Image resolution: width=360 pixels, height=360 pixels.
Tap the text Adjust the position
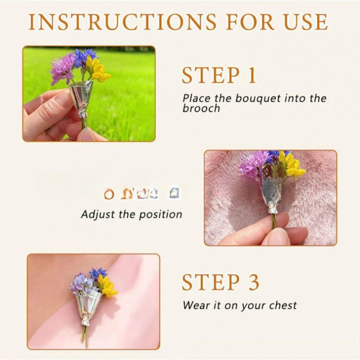[131, 215]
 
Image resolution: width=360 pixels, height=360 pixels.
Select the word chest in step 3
[281, 306]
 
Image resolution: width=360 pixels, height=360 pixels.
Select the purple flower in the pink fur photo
[253, 163]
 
